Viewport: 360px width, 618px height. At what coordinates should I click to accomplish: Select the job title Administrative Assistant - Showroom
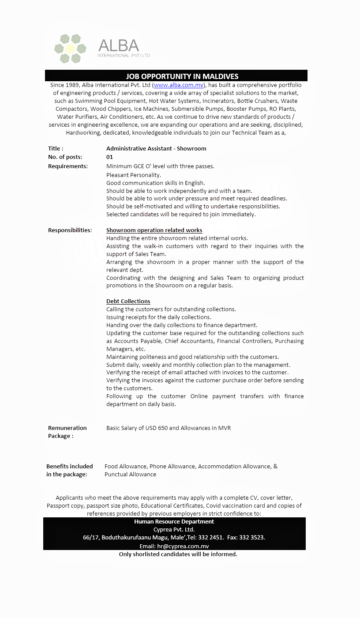156,149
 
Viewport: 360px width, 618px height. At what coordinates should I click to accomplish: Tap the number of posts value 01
109,157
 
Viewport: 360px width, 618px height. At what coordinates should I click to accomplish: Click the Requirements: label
68,166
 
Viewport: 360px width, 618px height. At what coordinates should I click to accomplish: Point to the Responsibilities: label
70,230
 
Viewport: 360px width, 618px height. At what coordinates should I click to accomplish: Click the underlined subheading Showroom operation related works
154,230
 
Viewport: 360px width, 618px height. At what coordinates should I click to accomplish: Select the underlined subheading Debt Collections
128,301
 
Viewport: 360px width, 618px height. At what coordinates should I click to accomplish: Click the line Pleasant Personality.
134,175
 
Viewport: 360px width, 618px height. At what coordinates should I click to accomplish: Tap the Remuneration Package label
67,432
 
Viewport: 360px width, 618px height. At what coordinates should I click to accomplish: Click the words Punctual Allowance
130,475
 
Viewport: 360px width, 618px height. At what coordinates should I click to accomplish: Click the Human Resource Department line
174,522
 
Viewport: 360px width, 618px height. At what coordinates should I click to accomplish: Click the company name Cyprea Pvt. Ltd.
174,530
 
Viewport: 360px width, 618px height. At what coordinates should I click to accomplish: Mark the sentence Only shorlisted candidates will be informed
178,554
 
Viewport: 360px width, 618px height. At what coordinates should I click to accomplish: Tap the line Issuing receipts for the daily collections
159,317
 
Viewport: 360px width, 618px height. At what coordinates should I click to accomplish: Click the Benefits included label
70,467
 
